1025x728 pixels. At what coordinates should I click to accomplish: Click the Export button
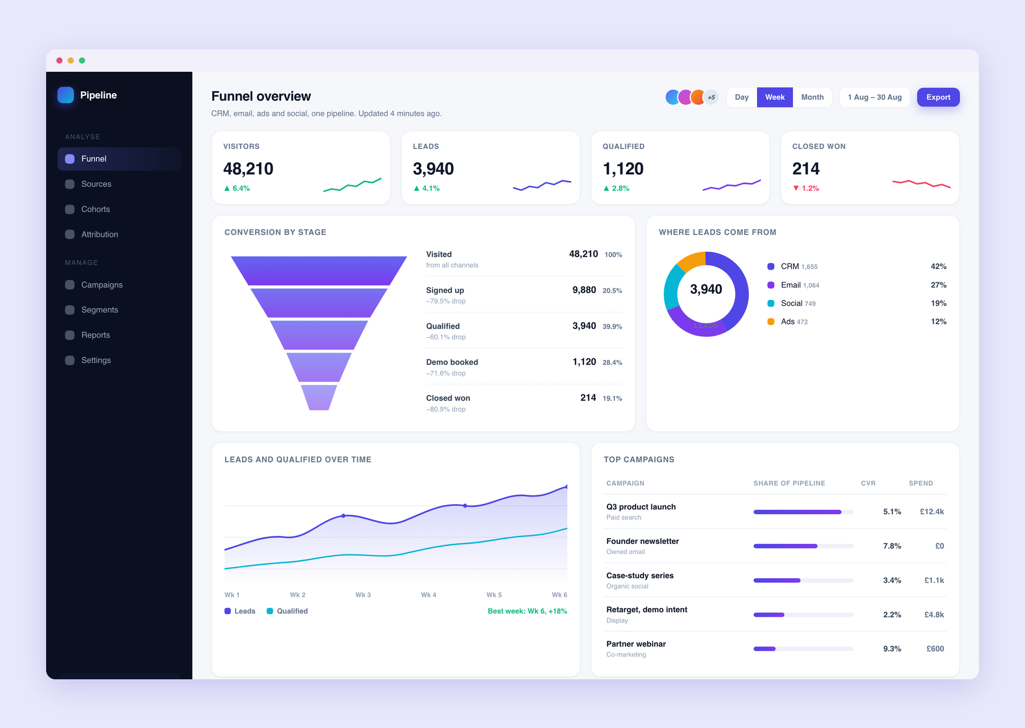pos(938,97)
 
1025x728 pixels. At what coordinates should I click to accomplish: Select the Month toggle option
pos(812,97)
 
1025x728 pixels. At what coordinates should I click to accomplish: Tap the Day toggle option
pos(742,97)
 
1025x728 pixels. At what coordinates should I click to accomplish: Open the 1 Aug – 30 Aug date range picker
pos(874,97)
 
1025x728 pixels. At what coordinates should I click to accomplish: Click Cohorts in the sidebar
pos(95,209)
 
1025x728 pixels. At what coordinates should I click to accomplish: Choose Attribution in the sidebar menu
pos(99,234)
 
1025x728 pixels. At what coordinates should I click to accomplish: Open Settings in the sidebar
pos(96,360)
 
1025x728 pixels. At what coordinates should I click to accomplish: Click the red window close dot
pos(59,60)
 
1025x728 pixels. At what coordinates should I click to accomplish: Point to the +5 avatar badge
pos(711,97)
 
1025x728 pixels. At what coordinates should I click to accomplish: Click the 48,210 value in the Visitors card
pos(248,169)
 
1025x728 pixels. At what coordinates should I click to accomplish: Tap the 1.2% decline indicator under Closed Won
pos(806,188)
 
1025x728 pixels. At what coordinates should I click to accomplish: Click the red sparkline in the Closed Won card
pos(921,184)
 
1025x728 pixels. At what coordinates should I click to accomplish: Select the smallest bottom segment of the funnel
pos(319,397)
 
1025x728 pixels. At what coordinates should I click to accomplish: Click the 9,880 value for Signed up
pos(584,290)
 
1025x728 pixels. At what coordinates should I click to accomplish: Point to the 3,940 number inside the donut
pos(706,289)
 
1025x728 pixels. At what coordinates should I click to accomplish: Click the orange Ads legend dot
pos(771,321)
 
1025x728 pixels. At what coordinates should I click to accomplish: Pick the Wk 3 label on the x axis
pos(363,595)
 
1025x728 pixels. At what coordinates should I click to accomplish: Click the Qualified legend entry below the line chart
pos(287,611)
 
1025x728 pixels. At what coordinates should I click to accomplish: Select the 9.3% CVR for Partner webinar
pos(892,649)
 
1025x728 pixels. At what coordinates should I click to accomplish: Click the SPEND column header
pos(920,483)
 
